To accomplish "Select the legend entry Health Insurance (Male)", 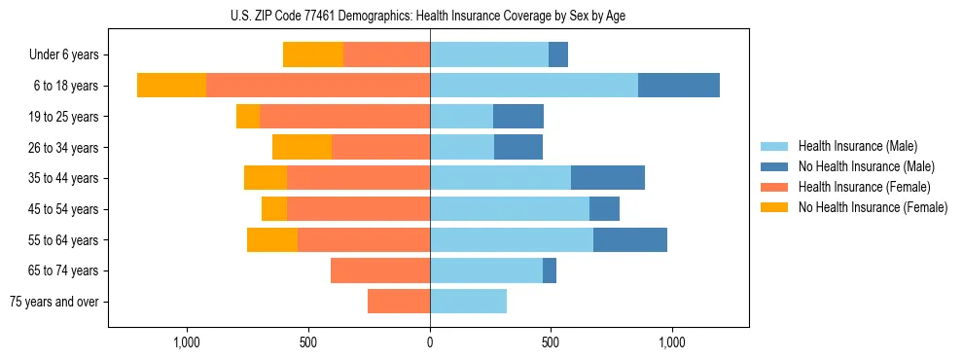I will [856, 146].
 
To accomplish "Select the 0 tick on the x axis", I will [430, 342].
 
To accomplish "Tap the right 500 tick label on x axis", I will [551, 342].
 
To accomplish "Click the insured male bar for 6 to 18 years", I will [534, 86].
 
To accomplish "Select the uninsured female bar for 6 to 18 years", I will [171, 86].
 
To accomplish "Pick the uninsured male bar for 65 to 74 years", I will [550, 270].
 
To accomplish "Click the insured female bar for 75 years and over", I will [399, 302].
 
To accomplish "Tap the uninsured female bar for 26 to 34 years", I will [302, 147].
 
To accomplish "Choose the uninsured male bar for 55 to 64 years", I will [630, 239].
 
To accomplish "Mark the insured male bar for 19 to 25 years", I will [461, 117].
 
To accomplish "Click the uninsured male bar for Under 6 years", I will [558, 55].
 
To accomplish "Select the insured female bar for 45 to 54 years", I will [358, 209].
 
